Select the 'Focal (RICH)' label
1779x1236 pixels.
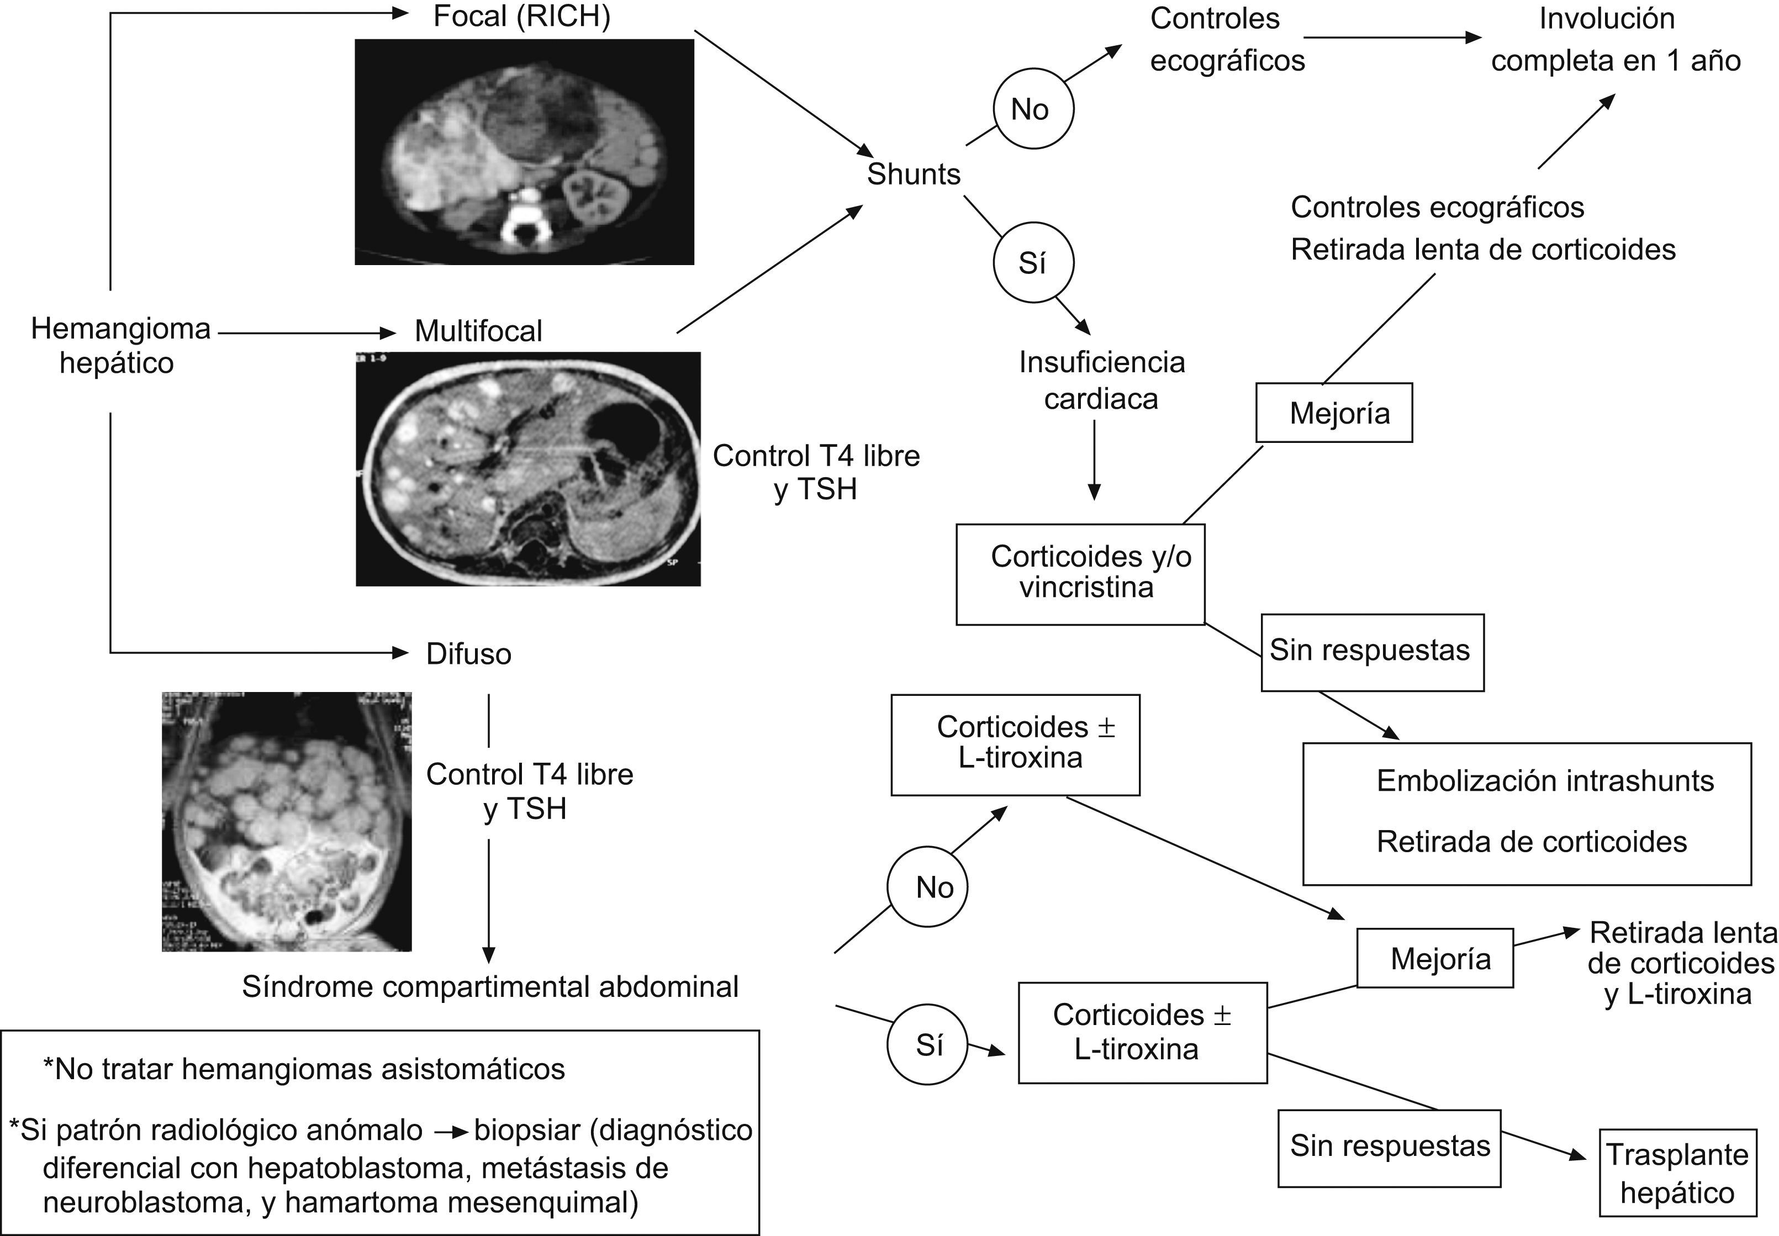(x=521, y=16)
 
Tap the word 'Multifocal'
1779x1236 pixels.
(x=478, y=331)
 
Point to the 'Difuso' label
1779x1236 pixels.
(x=468, y=654)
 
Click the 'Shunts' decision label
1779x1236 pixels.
(x=913, y=175)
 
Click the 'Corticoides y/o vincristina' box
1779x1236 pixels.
(x=1080, y=574)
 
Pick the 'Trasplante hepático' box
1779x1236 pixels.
(x=1677, y=1172)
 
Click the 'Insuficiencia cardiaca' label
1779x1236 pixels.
(x=1101, y=381)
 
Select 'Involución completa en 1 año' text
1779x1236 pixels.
(x=1616, y=40)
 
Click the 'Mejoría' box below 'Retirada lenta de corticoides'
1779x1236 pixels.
(x=1334, y=413)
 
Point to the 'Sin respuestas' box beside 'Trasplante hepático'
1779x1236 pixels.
(x=1390, y=1147)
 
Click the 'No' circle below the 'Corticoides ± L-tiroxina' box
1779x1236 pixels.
(x=927, y=888)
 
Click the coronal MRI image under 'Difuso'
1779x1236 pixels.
(x=287, y=821)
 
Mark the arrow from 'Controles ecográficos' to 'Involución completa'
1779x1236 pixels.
(x=1392, y=37)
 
